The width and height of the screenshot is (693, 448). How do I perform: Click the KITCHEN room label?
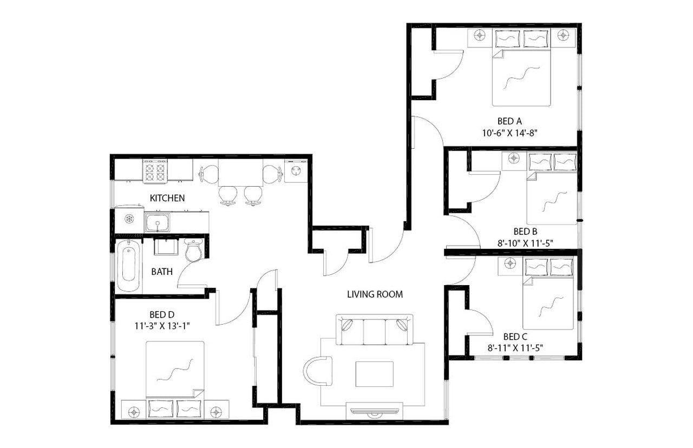pos(167,198)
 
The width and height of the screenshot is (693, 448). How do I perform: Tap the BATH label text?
pos(162,272)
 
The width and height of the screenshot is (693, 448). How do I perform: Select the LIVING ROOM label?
pos(375,294)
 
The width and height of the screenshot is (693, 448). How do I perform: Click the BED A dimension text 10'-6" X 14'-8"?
pos(509,132)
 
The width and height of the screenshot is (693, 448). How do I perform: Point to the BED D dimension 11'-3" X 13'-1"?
pos(162,325)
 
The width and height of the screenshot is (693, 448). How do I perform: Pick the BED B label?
pos(525,231)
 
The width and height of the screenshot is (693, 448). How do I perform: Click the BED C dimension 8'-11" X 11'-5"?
pos(515,347)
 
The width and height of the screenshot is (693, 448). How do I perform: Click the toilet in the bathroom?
pos(193,251)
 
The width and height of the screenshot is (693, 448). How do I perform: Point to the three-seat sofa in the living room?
pos(374,328)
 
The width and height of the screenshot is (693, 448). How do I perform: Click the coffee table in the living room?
pos(374,373)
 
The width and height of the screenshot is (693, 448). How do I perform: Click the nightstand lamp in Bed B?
pos(514,158)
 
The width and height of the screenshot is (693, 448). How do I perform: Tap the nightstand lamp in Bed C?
pos(510,263)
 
